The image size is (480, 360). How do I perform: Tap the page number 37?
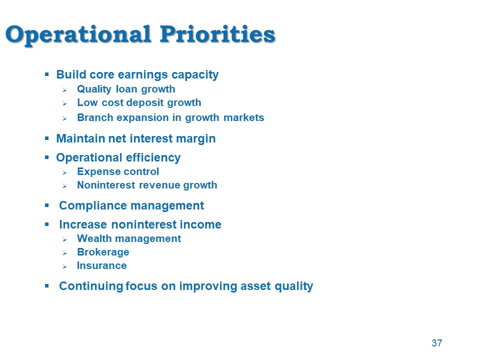tap(437, 343)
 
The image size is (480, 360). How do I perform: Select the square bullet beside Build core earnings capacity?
tap(47, 74)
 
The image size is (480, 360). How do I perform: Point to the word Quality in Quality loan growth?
tap(94, 89)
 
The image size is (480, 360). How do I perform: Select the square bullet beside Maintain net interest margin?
tap(47, 138)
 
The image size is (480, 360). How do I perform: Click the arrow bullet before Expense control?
tap(64, 173)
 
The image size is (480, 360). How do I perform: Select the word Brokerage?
tap(103, 252)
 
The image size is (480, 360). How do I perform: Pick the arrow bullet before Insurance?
tap(64, 267)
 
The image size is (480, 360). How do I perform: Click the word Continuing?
tap(91, 286)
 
